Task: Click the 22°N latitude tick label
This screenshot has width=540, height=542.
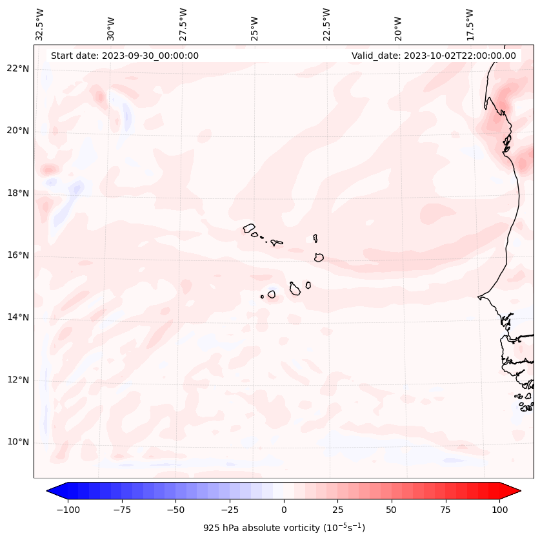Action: pyautogui.click(x=18, y=68)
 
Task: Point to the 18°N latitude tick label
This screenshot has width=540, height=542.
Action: pyautogui.click(x=18, y=193)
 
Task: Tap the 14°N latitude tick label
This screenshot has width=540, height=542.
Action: pyautogui.click(x=18, y=317)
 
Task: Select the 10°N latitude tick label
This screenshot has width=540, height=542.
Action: pyautogui.click(x=18, y=442)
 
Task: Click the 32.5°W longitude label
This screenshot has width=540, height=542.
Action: pyautogui.click(x=40, y=25)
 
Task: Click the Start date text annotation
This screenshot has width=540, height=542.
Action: pyautogui.click(x=125, y=56)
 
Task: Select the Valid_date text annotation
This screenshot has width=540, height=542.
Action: pyautogui.click(x=434, y=56)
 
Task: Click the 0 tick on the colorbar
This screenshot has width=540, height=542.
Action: pyautogui.click(x=284, y=510)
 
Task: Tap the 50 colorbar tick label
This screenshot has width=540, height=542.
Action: pyautogui.click(x=392, y=510)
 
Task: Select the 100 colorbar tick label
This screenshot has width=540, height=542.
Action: pyautogui.click(x=499, y=510)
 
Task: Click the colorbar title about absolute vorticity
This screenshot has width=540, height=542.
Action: pyautogui.click(x=284, y=528)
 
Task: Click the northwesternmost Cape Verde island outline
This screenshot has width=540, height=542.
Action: pyautogui.click(x=249, y=228)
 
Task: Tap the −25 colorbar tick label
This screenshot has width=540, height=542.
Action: pyautogui.click(x=230, y=510)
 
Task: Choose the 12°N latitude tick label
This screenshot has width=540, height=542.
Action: pyautogui.click(x=18, y=380)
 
